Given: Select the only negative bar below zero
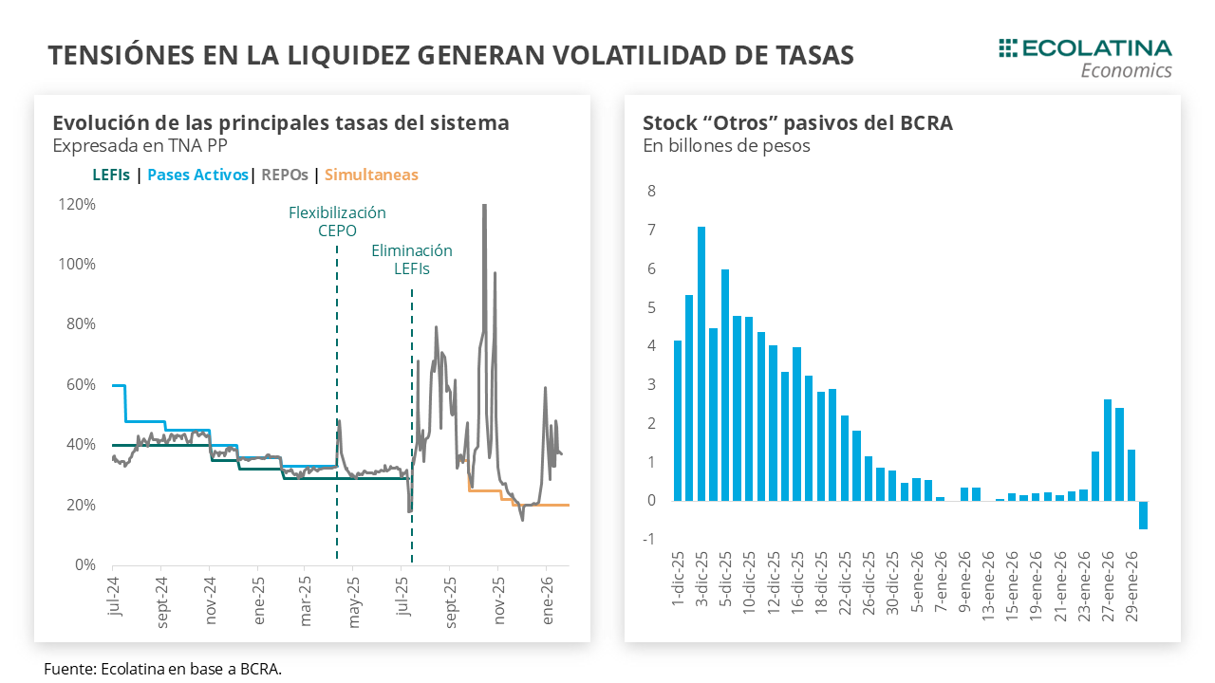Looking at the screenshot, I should [1143, 515].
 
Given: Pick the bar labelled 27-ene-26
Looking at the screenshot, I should [1108, 450].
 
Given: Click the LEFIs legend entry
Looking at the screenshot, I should [111, 175].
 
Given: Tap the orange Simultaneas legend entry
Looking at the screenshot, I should [371, 175].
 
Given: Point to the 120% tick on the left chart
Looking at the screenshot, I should [76, 204].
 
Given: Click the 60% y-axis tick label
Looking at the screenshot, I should [79, 384].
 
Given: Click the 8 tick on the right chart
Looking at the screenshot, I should [651, 191].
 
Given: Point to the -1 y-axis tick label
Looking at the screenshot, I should [649, 540].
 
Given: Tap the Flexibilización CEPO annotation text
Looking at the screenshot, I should [337, 221].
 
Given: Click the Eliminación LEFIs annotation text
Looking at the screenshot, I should [411, 259].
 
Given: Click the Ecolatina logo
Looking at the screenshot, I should [1086, 57].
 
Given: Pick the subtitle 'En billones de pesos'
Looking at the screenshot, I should [726, 146].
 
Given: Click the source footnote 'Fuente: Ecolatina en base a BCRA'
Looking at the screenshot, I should [162, 669].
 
